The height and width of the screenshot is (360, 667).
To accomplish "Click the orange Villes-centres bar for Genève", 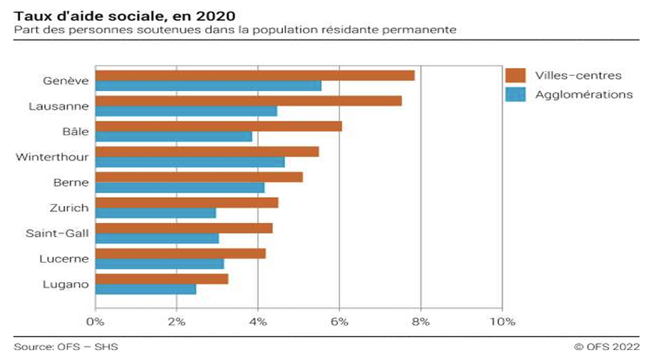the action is coord(255,75).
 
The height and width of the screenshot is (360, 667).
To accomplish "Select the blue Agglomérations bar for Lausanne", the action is coord(186,111).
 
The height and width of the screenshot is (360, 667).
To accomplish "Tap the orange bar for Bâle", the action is coord(219,126).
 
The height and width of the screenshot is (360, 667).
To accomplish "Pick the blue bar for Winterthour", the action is coord(190,162).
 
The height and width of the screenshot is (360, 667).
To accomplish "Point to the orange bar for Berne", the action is coord(199,177).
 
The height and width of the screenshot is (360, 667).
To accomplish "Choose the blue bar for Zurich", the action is coord(155,213).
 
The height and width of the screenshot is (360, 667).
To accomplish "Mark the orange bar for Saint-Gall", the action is coord(184,228).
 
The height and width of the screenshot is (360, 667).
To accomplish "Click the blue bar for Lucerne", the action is coord(159,264).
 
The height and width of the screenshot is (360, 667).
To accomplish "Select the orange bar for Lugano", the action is coord(161,279).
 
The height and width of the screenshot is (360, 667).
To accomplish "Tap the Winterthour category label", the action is coord(52,157).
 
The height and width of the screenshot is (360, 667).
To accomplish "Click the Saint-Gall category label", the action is coord(57,233).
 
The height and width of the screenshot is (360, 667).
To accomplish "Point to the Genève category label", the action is coord(66,80).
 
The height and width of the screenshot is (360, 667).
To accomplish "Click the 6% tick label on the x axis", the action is coord(339,321).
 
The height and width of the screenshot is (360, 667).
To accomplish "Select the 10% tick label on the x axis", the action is coord(502,321).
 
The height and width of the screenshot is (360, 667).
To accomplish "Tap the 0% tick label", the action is coord(95,321).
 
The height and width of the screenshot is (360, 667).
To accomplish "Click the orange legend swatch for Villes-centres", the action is coord(516,75).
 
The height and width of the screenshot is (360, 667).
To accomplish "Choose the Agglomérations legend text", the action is coord(584,94).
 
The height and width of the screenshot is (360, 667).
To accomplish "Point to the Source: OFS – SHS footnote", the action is coord(66,347).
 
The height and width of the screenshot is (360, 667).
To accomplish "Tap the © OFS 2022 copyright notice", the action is coord(607,347).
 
